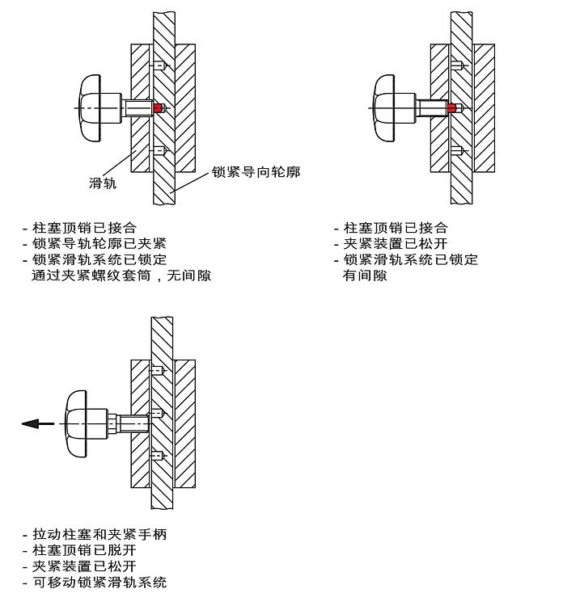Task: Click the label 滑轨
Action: pos(103,183)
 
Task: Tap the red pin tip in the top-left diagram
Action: pos(159,108)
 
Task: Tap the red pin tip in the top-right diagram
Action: pos(452,107)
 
